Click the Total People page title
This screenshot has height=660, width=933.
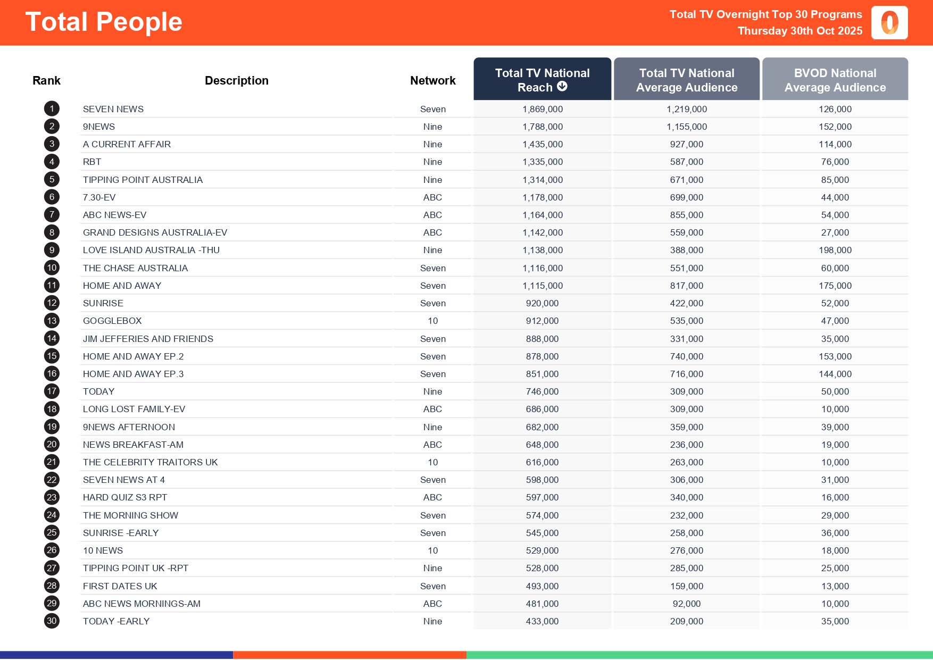pos(104,22)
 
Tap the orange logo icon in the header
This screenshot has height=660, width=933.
pos(889,23)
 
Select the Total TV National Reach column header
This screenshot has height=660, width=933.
pos(542,79)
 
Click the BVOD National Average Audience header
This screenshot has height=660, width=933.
pos(835,80)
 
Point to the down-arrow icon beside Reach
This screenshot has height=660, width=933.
pos(562,87)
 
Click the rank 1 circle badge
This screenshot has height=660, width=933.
pos(52,109)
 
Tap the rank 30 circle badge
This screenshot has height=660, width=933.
pos(52,621)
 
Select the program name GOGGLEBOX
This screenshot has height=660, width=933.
pos(112,321)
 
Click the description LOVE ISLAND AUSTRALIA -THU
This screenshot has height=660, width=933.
pos(151,250)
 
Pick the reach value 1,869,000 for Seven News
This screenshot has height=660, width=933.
pos(542,110)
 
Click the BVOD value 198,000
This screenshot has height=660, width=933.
pos(835,250)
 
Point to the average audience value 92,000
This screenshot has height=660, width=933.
pos(686,604)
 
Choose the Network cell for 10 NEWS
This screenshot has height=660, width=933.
pos(432,551)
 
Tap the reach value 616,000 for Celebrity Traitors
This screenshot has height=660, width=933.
pos(542,463)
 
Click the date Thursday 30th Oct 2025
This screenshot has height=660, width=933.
pos(799,31)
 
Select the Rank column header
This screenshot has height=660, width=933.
pos(46,81)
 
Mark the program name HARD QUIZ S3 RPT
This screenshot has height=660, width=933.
pos(125,498)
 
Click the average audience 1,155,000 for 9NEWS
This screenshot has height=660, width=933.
pos(686,127)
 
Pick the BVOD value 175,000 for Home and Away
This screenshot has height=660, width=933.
pos(835,286)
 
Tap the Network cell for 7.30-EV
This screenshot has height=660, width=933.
pos(432,198)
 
